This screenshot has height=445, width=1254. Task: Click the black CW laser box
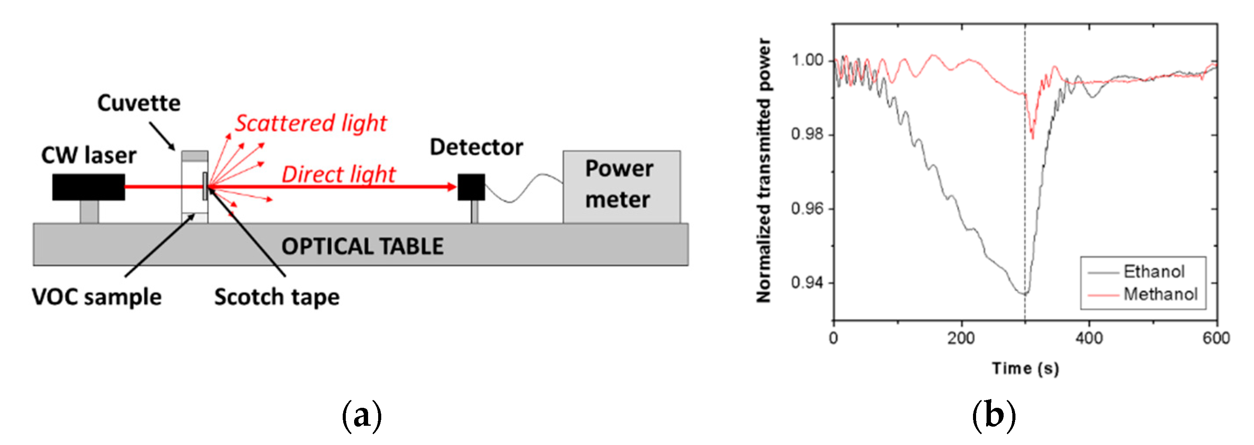88,187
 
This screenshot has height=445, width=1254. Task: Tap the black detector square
471,187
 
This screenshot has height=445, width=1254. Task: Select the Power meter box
621,186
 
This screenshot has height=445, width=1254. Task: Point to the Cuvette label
139,103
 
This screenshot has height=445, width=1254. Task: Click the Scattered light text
311,123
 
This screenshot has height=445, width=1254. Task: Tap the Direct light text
338,174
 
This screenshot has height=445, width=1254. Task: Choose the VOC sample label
96,297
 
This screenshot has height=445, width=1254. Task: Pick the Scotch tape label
277,297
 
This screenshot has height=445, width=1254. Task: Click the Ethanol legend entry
1153,272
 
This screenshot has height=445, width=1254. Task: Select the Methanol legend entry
1160,294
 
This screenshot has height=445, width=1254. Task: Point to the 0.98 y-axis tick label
807,134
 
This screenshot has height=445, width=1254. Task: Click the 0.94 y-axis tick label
807,282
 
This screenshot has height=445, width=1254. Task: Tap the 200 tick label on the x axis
961,338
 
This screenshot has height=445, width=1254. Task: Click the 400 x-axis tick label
1089,338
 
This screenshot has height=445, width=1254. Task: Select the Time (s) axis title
1025,368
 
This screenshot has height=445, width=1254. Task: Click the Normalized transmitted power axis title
763,170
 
